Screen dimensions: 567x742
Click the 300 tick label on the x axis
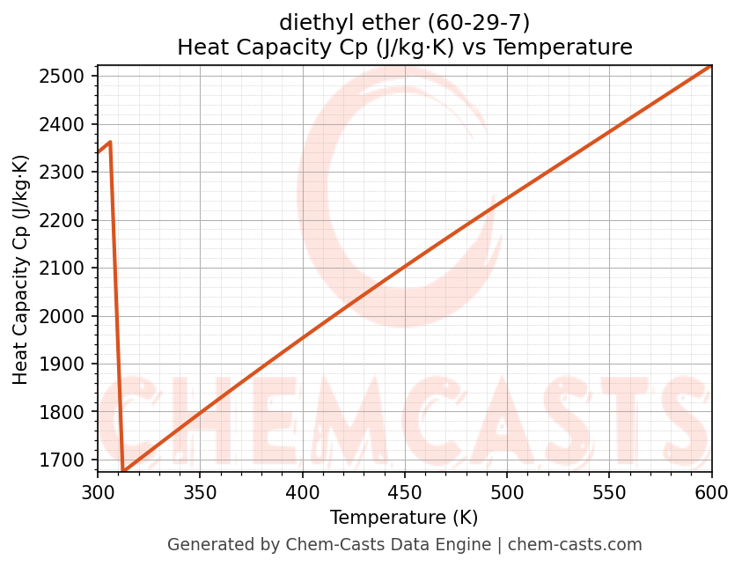point(98,492)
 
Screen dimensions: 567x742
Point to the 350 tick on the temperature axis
point(200,492)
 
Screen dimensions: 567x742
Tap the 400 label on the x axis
point(302,492)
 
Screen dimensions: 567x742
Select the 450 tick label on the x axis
point(404,492)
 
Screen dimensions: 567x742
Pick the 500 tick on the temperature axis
point(507,492)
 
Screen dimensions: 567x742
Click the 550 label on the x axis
point(609,492)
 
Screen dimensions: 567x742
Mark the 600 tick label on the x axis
point(711,492)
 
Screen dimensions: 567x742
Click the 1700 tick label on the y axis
point(66,460)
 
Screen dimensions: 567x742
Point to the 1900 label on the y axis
point(66,364)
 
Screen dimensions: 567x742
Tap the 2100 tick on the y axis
point(66,268)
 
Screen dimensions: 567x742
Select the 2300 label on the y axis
point(66,172)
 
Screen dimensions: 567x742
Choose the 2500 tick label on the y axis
point(66,76)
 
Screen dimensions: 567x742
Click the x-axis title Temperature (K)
point(404,518)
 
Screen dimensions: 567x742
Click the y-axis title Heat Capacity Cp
point(21,269)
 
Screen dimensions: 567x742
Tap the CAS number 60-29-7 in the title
point(475,21)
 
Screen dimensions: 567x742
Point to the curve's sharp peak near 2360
point(110,142)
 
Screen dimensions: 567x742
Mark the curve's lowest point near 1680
point(123,471)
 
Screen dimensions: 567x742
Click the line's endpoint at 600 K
point(710,66)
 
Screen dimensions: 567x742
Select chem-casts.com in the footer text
point(575,545)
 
